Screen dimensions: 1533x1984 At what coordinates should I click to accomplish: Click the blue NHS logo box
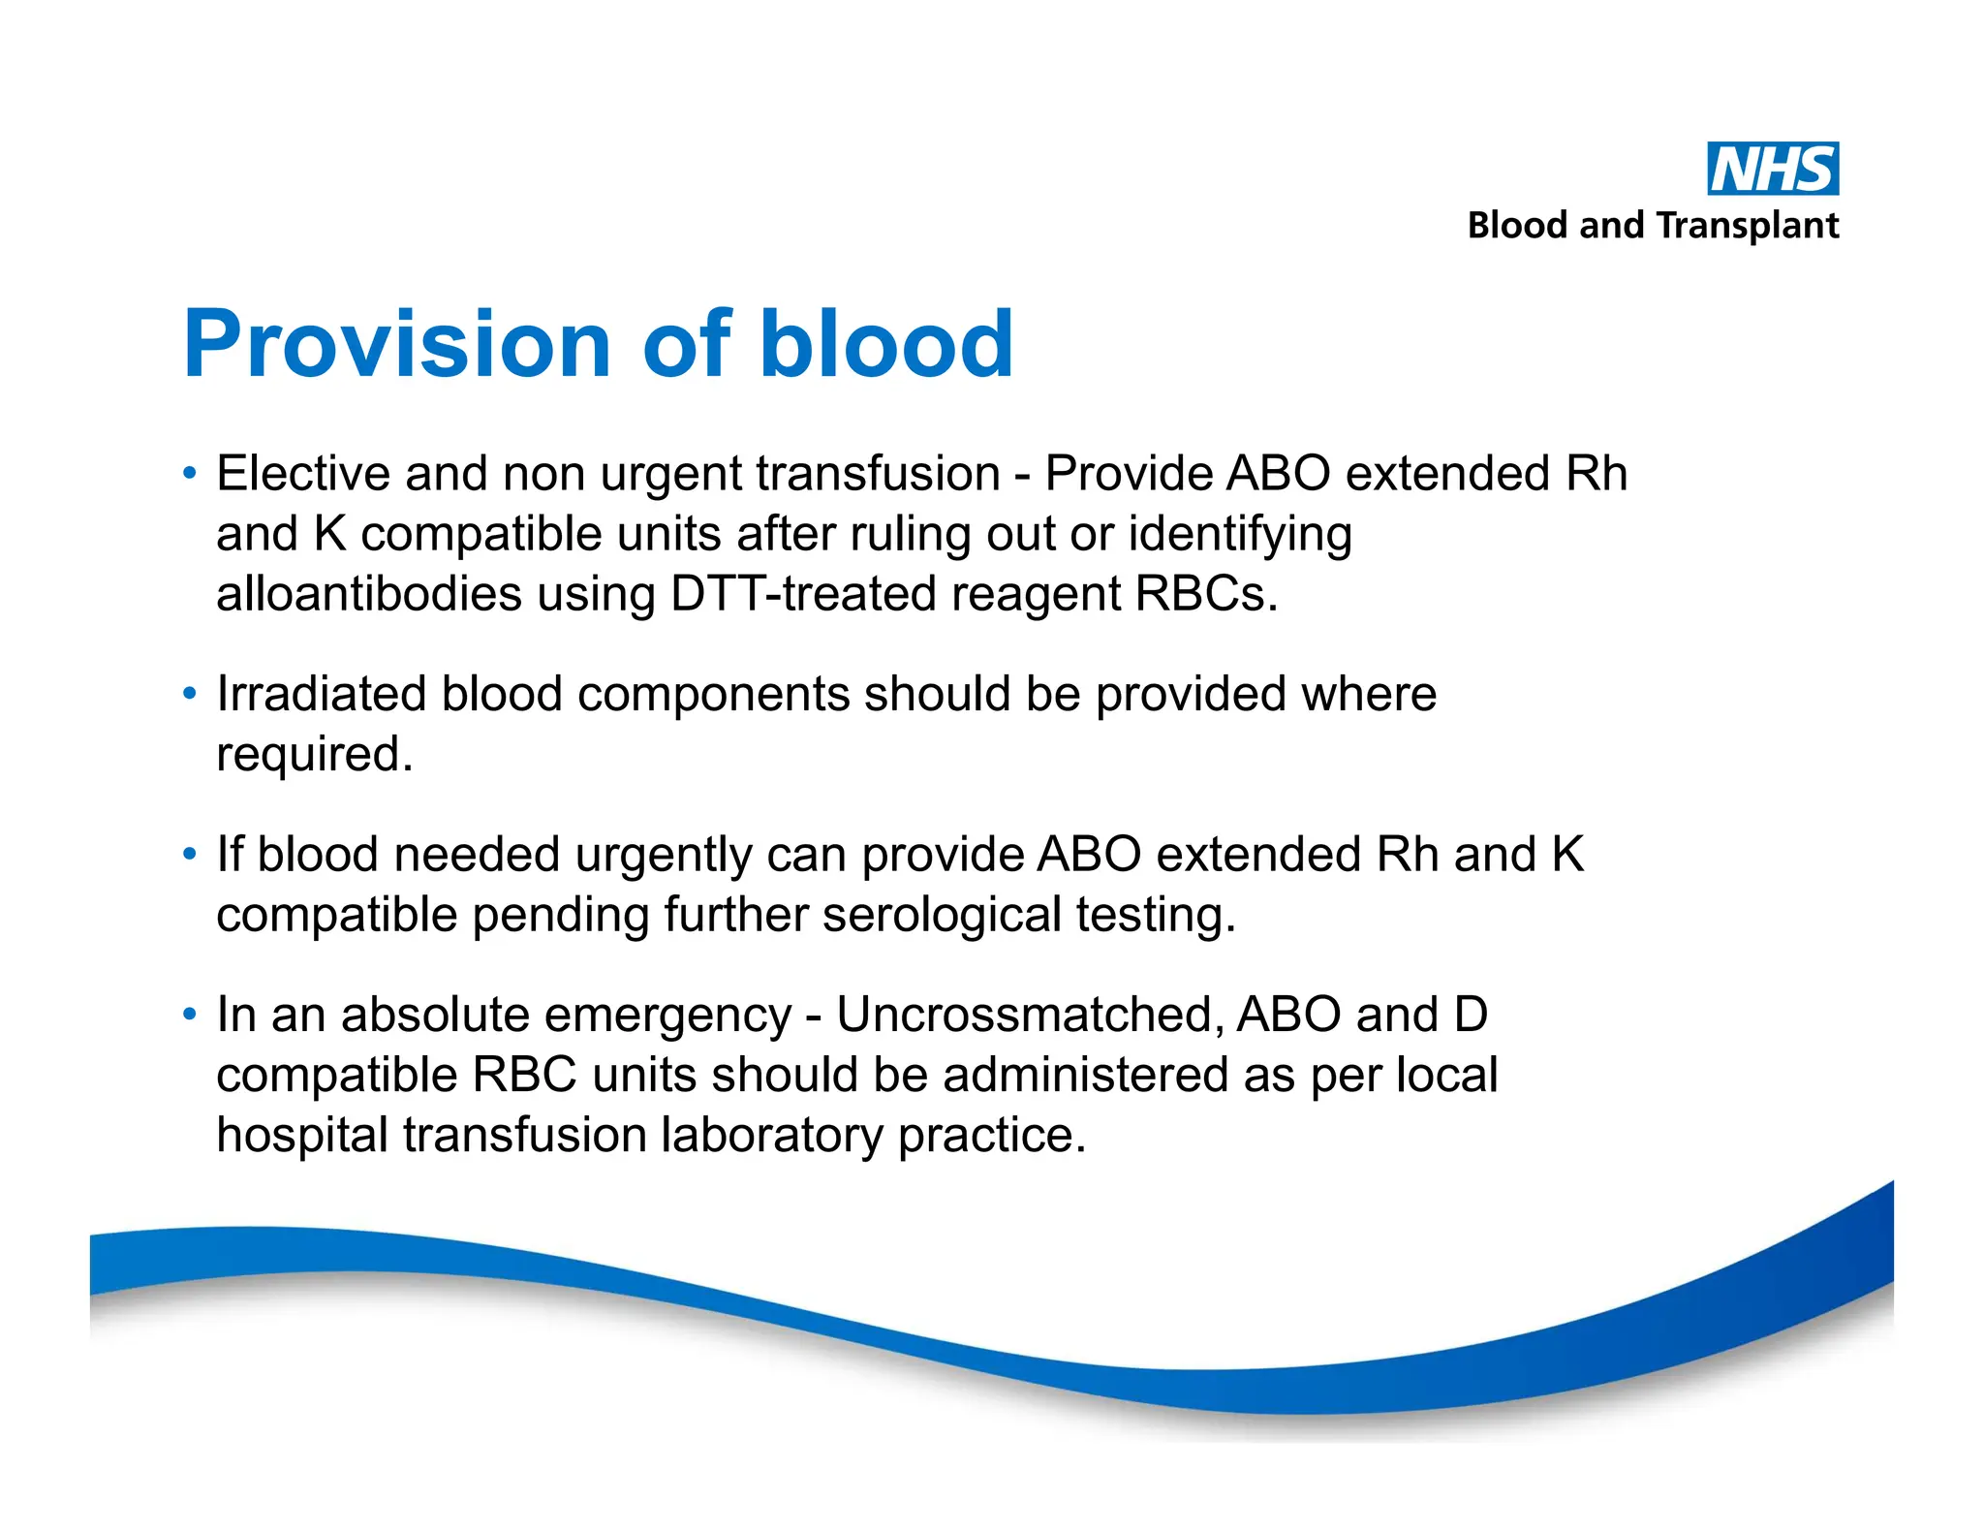tap(1772, 169)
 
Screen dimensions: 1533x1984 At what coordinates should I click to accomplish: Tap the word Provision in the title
tap(396, 343)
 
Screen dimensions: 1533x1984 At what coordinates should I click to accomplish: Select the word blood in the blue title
tap(885, 343)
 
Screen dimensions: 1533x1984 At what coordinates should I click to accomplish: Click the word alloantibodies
tap(368, 594)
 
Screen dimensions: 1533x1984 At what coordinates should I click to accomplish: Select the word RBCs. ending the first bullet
tap(1205, 594)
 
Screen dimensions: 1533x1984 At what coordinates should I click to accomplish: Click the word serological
tap(942, 916)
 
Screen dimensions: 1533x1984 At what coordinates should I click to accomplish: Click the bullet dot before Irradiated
tap(190, 694)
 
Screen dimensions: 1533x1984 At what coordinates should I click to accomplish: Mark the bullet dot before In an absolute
tap(190, 1015)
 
